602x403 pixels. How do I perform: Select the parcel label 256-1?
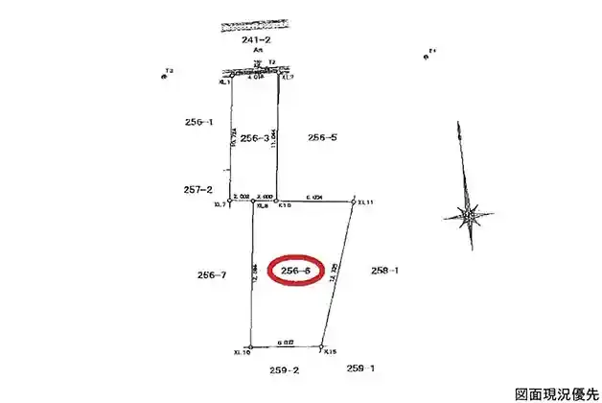point(197,122)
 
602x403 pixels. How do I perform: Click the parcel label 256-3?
point(254,137)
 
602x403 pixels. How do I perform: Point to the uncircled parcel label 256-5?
point(322,137)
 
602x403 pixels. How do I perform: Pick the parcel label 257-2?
point(197,190)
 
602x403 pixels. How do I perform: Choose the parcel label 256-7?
point(211,275)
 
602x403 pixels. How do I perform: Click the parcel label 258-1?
point(383,271)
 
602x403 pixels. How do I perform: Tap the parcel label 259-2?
point(285,368)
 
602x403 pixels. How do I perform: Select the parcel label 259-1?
point(360,367)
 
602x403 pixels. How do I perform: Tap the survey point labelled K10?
point(276,201)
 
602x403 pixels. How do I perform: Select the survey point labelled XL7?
point(229,201)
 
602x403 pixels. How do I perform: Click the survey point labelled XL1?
point(230,75)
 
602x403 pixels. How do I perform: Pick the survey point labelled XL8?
point(252,201)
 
